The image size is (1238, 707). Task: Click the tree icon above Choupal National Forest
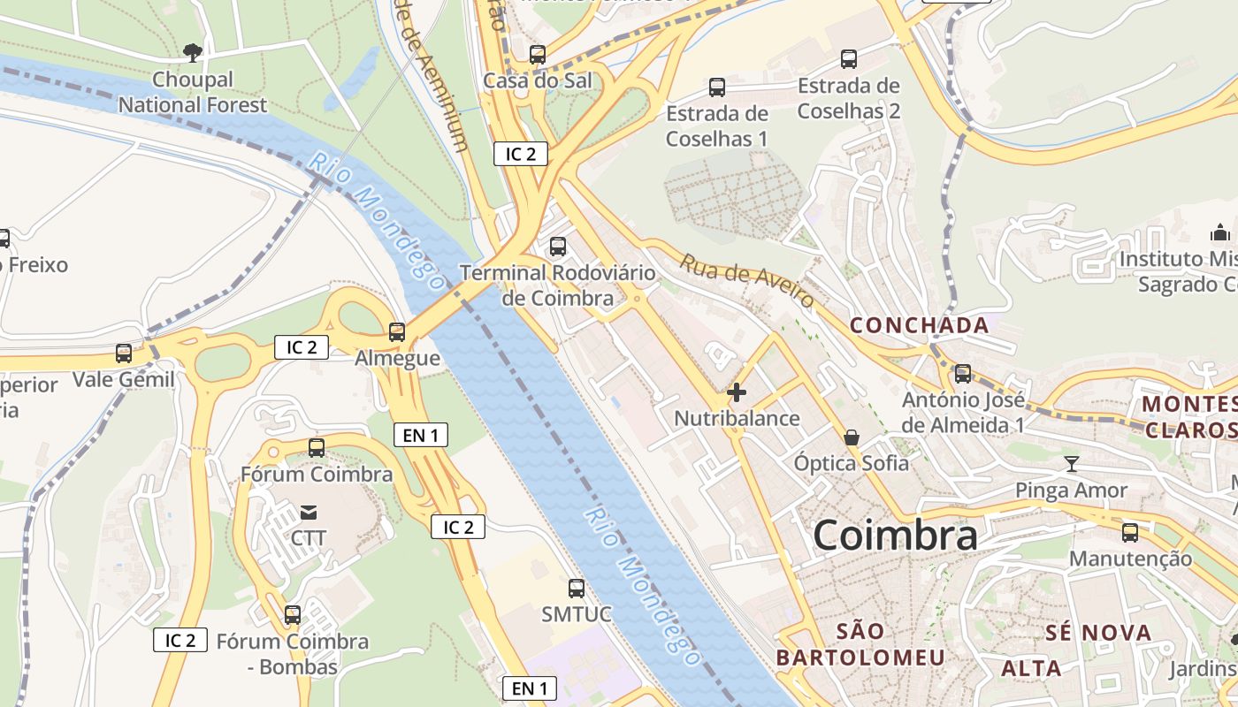click(192, 53)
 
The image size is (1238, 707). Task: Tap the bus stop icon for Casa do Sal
click(538, 55)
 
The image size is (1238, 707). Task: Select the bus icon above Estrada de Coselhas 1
click(717, 87)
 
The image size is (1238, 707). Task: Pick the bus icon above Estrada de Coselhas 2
click(849, 59)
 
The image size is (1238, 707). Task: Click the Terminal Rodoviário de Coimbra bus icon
click(558, 247)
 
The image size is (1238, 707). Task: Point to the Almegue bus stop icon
click(397, 332)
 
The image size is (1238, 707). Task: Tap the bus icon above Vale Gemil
click(124, 353)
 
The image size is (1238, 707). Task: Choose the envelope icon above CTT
click(309, 512)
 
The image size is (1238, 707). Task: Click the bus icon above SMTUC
click(577, 588)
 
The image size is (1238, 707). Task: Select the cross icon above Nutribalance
click(737, 392)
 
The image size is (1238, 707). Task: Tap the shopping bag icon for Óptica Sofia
click(851, 437)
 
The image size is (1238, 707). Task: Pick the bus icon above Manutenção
click(1130, 533)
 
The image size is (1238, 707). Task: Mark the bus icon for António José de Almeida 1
click(963, 374)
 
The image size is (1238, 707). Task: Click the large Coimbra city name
click(895, 535)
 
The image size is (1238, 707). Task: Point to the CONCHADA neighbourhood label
click(920, 325)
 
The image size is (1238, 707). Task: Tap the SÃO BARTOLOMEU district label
click(860, 644)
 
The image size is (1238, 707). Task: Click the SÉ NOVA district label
click(1098, 633)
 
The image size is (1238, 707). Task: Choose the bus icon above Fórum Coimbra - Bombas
click(293, 614)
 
